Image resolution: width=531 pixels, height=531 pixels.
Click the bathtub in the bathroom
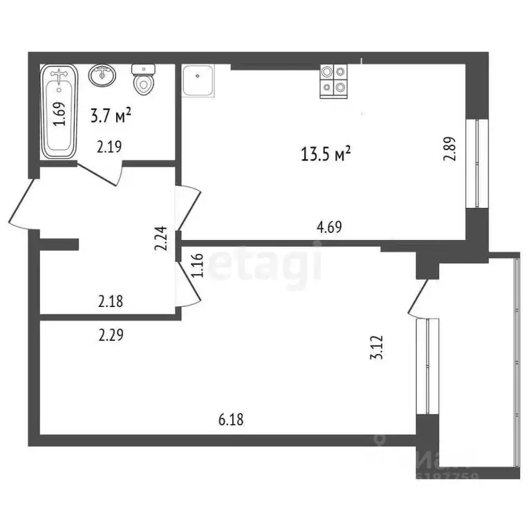(x=59, y=111)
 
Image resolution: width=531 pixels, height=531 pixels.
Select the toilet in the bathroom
(x=143, y=80)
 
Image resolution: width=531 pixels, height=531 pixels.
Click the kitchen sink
(x=198, y=81)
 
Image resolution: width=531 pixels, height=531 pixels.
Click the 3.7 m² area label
(x=111, y=116)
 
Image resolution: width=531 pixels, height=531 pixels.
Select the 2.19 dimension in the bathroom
(x=109, y=146)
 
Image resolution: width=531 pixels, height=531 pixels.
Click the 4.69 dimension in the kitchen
(x=329, y=227)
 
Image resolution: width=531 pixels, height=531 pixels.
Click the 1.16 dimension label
(x=198, y=265)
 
